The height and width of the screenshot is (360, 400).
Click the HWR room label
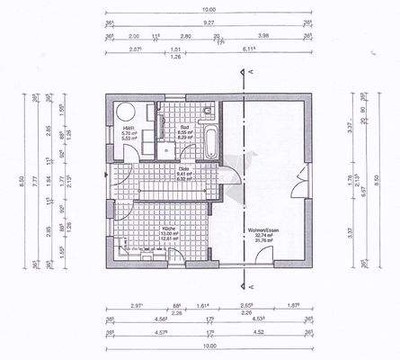tap(128, 132)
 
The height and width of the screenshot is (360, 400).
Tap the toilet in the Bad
tap(207, 112)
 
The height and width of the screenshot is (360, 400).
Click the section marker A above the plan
tap(255, 71)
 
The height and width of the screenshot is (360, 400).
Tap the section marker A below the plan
tap(255, 286)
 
